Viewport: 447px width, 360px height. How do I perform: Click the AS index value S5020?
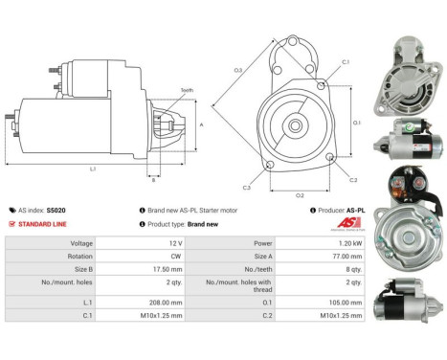56,209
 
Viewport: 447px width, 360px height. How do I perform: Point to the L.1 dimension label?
93,169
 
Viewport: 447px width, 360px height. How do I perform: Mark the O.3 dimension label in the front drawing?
237,70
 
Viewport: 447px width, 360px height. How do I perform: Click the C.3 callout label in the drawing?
247,188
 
